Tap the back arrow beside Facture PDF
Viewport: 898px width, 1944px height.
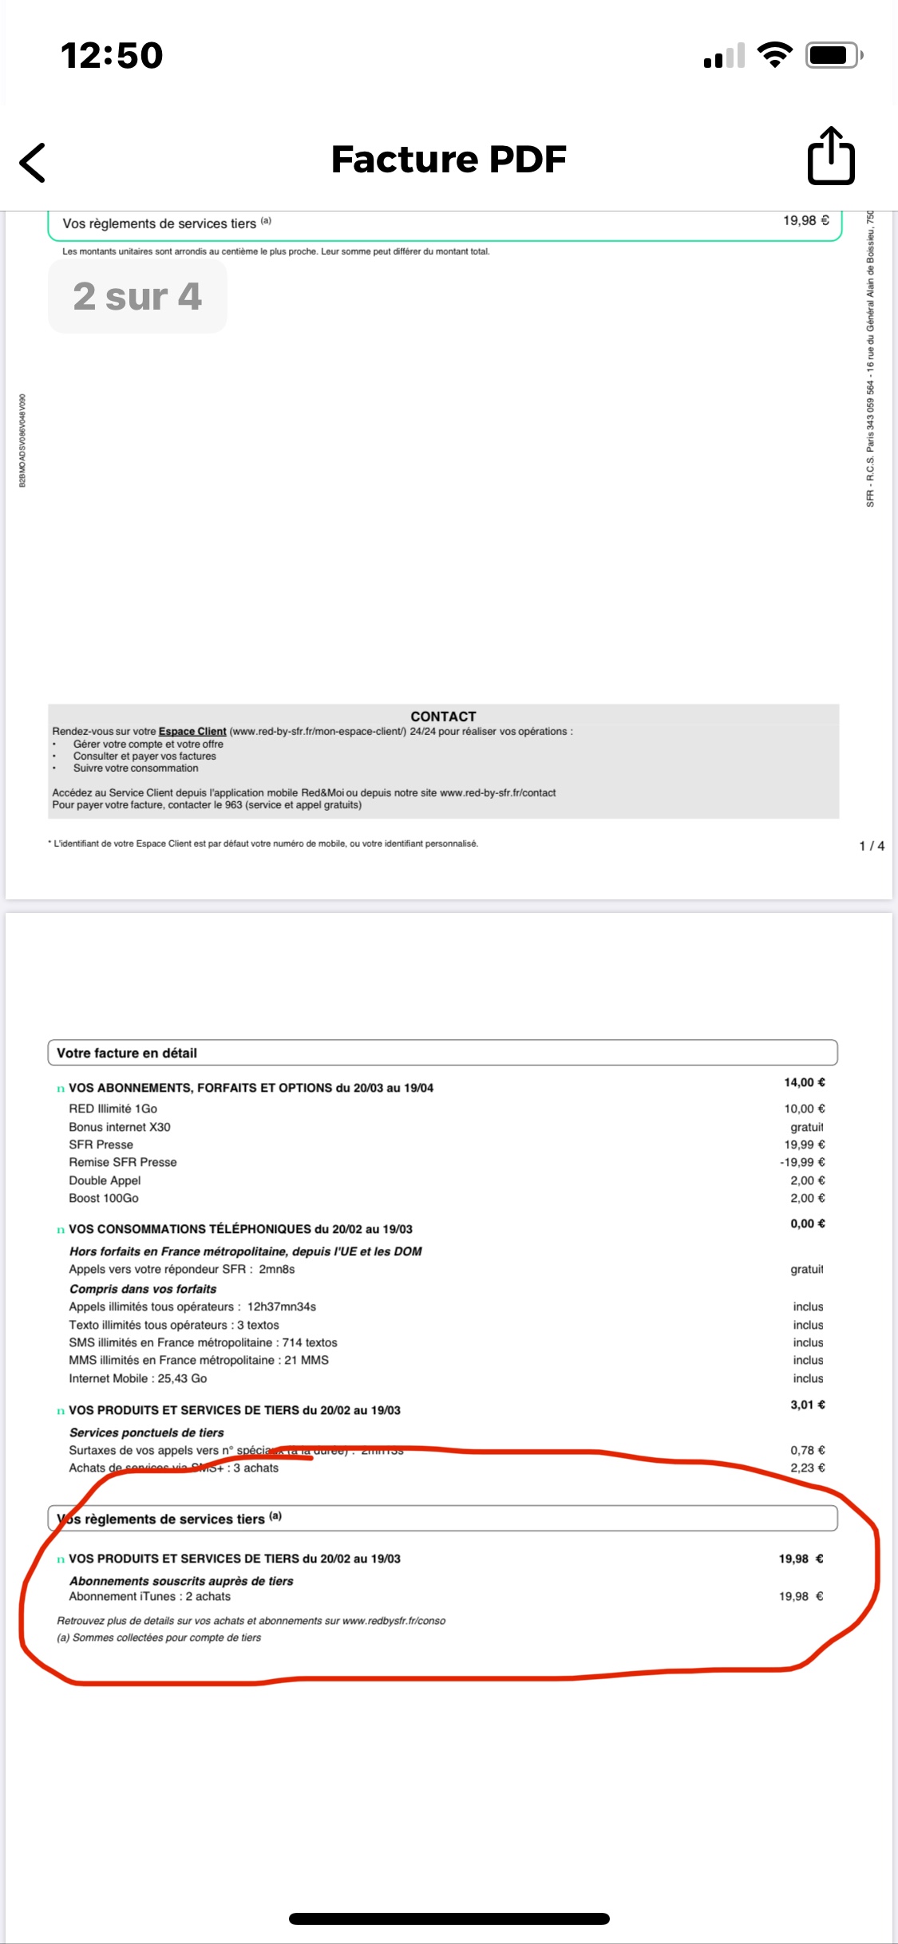pyautogui.click(x=33, y=163)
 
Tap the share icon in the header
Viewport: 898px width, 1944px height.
pyautogui.click(x=831, y=156)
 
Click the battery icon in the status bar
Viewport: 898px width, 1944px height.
pyautogui.click(x=833, y=55)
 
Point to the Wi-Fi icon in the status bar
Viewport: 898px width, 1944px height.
pyautogui.click(x=773, y=55)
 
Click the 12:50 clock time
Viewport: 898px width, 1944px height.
pyautogui.click(x=112, y=56)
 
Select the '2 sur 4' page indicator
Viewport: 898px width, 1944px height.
pyautogui.click(x=137, y=296)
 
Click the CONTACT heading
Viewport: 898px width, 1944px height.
pyautogui.click(x=443, y=717)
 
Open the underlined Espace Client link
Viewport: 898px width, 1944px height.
pyautogui.click(x=192, y=731)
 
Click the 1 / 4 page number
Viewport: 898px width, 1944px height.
pyautogui.click(x=872, y=846)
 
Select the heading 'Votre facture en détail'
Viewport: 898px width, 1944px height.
pyautogui.click(x=127, y=1053)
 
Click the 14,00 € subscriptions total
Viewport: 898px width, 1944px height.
pyautogui.click(x=805, y=1082)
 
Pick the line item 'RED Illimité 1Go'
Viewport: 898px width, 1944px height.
pyautogui.click(x=113, y=1108)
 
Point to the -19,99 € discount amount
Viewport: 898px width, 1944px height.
pyautogui.click(x=802, y=1162)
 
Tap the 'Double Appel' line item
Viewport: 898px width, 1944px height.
pyautogui.click(x=105, y=1180)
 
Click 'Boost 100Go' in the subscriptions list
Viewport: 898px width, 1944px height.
pyautogui.click(x=104, y=1198)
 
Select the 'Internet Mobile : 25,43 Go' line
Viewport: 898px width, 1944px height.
pyautogui.click(x=138, y=1378)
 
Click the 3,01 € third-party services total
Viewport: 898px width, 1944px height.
pyautogui.click(x=808, y=1405)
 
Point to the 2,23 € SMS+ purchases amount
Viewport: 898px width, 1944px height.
pyautogui.click(x=808, y=1468)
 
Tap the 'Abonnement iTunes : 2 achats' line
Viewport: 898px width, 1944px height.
pyautogui.click(x=150, y=1596)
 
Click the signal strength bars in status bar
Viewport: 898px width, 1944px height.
pyautogui.click(x=724, y=56)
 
